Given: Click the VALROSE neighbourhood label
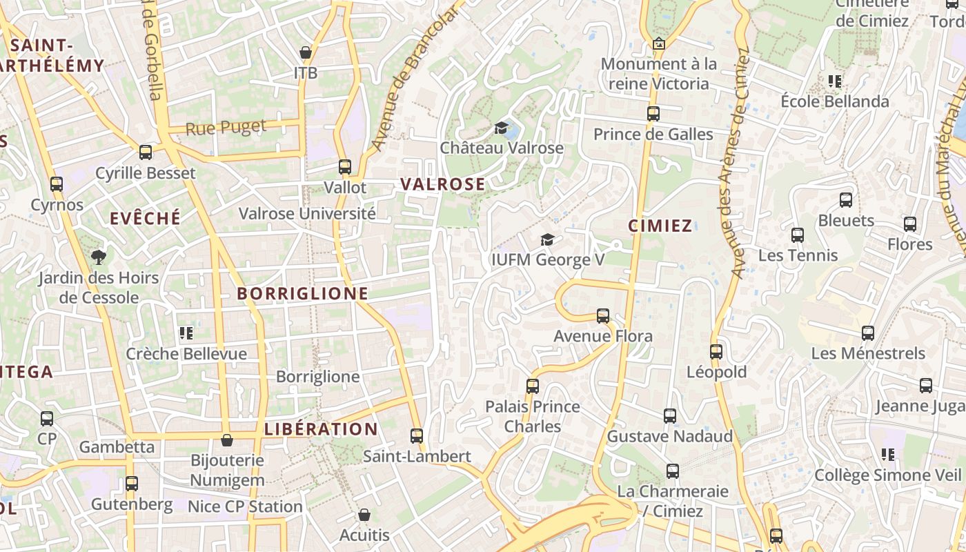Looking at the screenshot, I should (443, 184).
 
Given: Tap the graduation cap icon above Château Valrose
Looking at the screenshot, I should (502, 128).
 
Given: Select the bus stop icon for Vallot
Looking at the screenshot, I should (345, 167).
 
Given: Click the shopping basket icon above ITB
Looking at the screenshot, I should (306, 52).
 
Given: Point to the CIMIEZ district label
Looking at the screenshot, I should (660, 226).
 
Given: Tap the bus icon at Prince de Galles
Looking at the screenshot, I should (653, 114).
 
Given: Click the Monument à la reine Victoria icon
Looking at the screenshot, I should (659, 43).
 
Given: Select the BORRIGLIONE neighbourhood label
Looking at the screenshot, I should (303, 293).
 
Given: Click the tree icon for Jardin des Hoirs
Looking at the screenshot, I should (99, 257).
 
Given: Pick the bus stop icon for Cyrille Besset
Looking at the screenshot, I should (146, 152).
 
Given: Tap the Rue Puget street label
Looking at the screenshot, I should (226, 128).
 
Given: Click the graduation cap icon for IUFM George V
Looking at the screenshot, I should (547, 239).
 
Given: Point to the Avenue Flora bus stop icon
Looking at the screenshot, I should (603, 316).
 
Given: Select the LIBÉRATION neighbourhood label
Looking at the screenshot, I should (322, 429).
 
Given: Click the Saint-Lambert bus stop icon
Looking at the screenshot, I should (417, 436).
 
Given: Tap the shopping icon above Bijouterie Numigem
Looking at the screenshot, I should (227, 440).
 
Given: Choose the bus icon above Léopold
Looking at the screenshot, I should (716, 352).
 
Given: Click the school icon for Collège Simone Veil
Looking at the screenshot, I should (888, 455).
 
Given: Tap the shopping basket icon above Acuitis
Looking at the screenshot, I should (364, 515).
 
